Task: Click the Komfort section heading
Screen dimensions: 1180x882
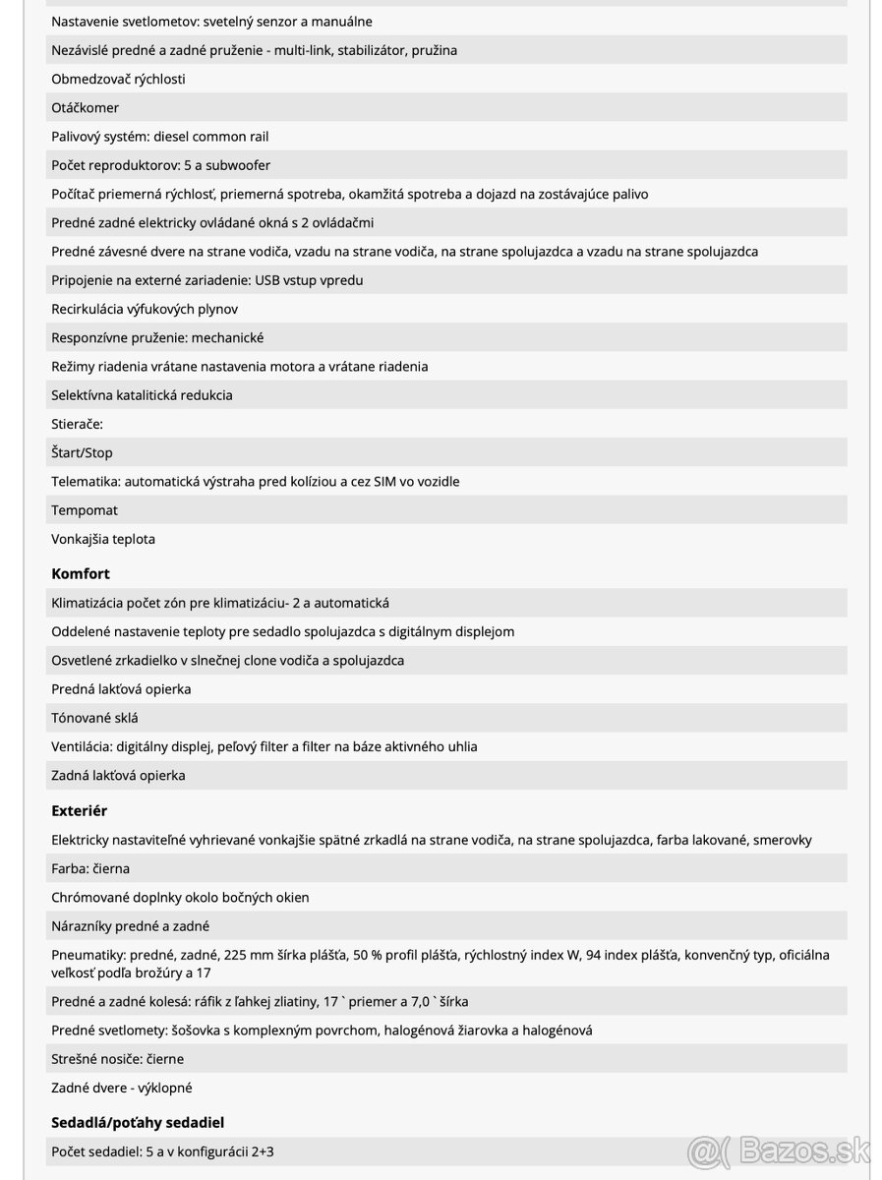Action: tap(81, 573)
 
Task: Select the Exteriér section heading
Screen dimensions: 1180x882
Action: tap(79, 811)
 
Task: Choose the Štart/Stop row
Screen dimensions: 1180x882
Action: tap(82, 452)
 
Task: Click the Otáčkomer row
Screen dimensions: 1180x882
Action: tap(85, 107)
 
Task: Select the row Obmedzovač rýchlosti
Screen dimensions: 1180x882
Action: tap(118, 79)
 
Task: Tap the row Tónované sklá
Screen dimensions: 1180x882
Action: tap(94, 718)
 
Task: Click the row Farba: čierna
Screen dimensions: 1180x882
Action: tap(90, 868)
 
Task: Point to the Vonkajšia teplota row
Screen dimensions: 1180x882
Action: tap(103, 539)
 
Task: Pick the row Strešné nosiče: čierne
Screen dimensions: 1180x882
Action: tap(117, 1059)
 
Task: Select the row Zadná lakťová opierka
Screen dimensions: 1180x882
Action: tap(118, 775)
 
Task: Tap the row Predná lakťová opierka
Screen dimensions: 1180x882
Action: tap(121, 689)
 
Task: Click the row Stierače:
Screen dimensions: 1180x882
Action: tap(77, 424)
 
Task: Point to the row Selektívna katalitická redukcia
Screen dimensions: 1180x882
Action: tap(142, 395)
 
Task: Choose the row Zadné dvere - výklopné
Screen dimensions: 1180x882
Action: tap(122, 1088)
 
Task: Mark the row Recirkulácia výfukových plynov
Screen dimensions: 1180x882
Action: tap(145, 309)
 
